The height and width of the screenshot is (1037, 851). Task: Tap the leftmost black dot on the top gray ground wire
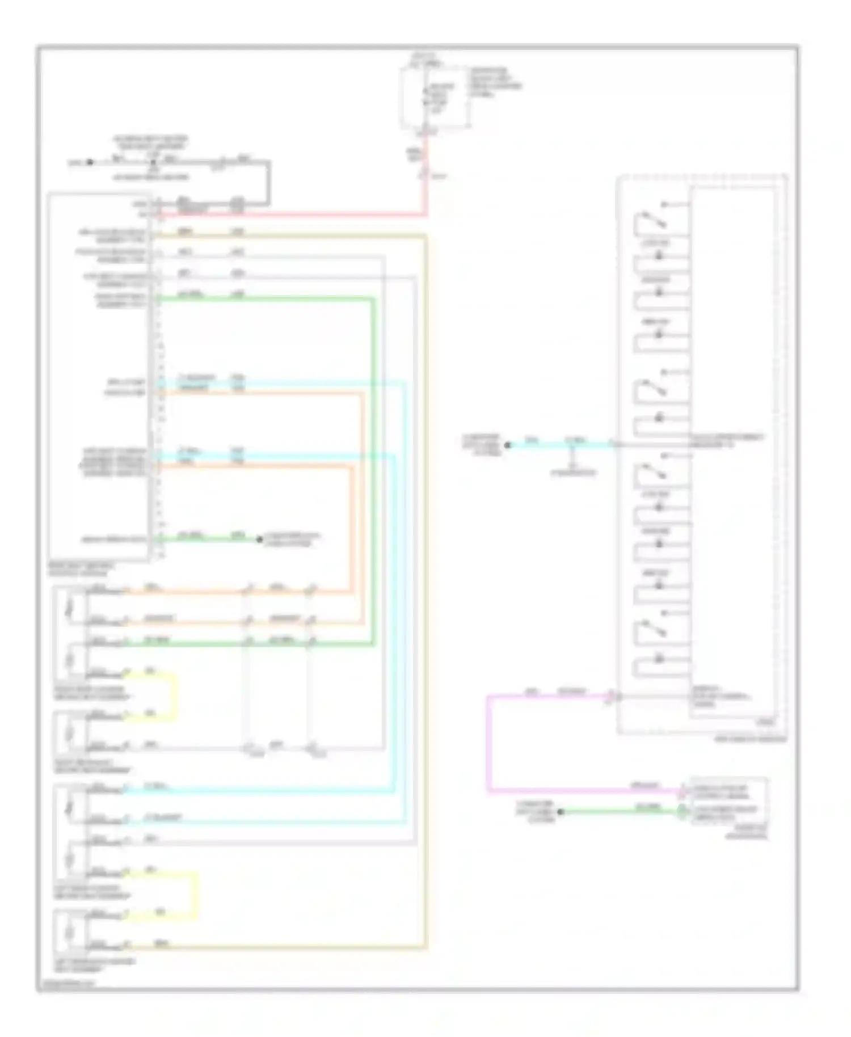89,162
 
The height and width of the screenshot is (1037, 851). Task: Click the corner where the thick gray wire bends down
268,163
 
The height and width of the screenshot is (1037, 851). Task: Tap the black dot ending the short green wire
260,539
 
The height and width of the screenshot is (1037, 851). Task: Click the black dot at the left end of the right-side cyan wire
508,445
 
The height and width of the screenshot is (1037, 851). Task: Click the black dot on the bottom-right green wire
561,812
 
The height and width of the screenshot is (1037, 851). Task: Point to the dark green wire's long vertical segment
373,471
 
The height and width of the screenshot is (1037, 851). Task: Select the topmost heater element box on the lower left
70,608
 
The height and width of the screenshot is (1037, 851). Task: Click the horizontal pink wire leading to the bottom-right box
584,789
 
